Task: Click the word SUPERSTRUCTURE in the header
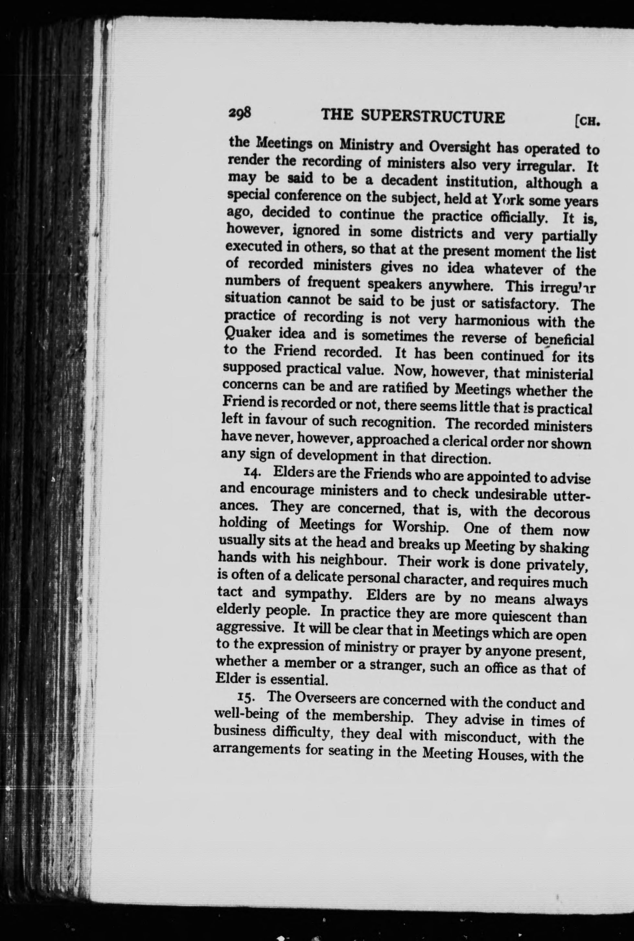click(432, 117)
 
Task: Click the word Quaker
click(246, 334)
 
